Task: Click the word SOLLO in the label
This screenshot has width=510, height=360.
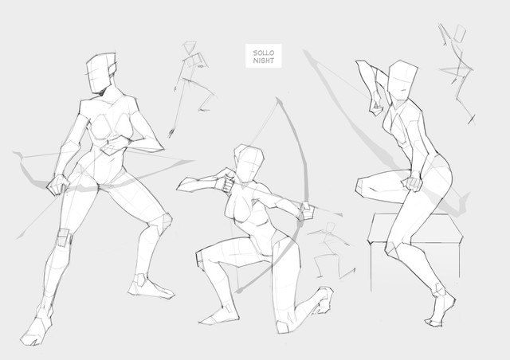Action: (264, 53)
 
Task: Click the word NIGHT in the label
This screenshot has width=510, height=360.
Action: (264, 61)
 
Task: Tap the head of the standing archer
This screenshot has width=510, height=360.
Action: (101, 72)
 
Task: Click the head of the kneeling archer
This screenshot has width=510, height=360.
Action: (249, 163)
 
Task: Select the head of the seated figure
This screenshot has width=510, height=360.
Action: (402, 80)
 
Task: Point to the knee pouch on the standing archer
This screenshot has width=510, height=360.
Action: (64, 238)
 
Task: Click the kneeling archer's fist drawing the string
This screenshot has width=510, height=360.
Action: (227, 184)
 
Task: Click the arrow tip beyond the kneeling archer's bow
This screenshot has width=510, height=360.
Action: (340, 214)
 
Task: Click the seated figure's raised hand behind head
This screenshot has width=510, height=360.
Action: (376, 104)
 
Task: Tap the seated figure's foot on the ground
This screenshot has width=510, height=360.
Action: (441, 310)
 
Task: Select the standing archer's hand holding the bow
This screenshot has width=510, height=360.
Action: (58, 185)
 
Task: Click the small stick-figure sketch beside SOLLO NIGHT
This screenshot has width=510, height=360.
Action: (193, 88)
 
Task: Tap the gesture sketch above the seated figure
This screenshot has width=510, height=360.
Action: (456, 72)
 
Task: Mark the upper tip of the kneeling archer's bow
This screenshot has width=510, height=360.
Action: (277, 98)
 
